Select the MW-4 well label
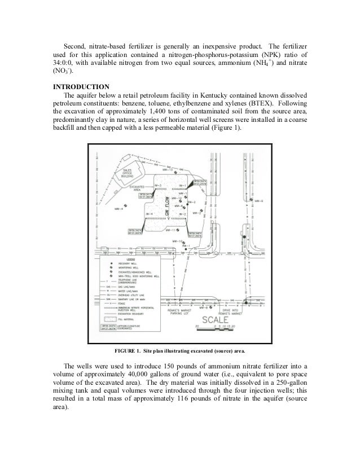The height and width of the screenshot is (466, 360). pyautogui.click(x=118, y=209)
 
